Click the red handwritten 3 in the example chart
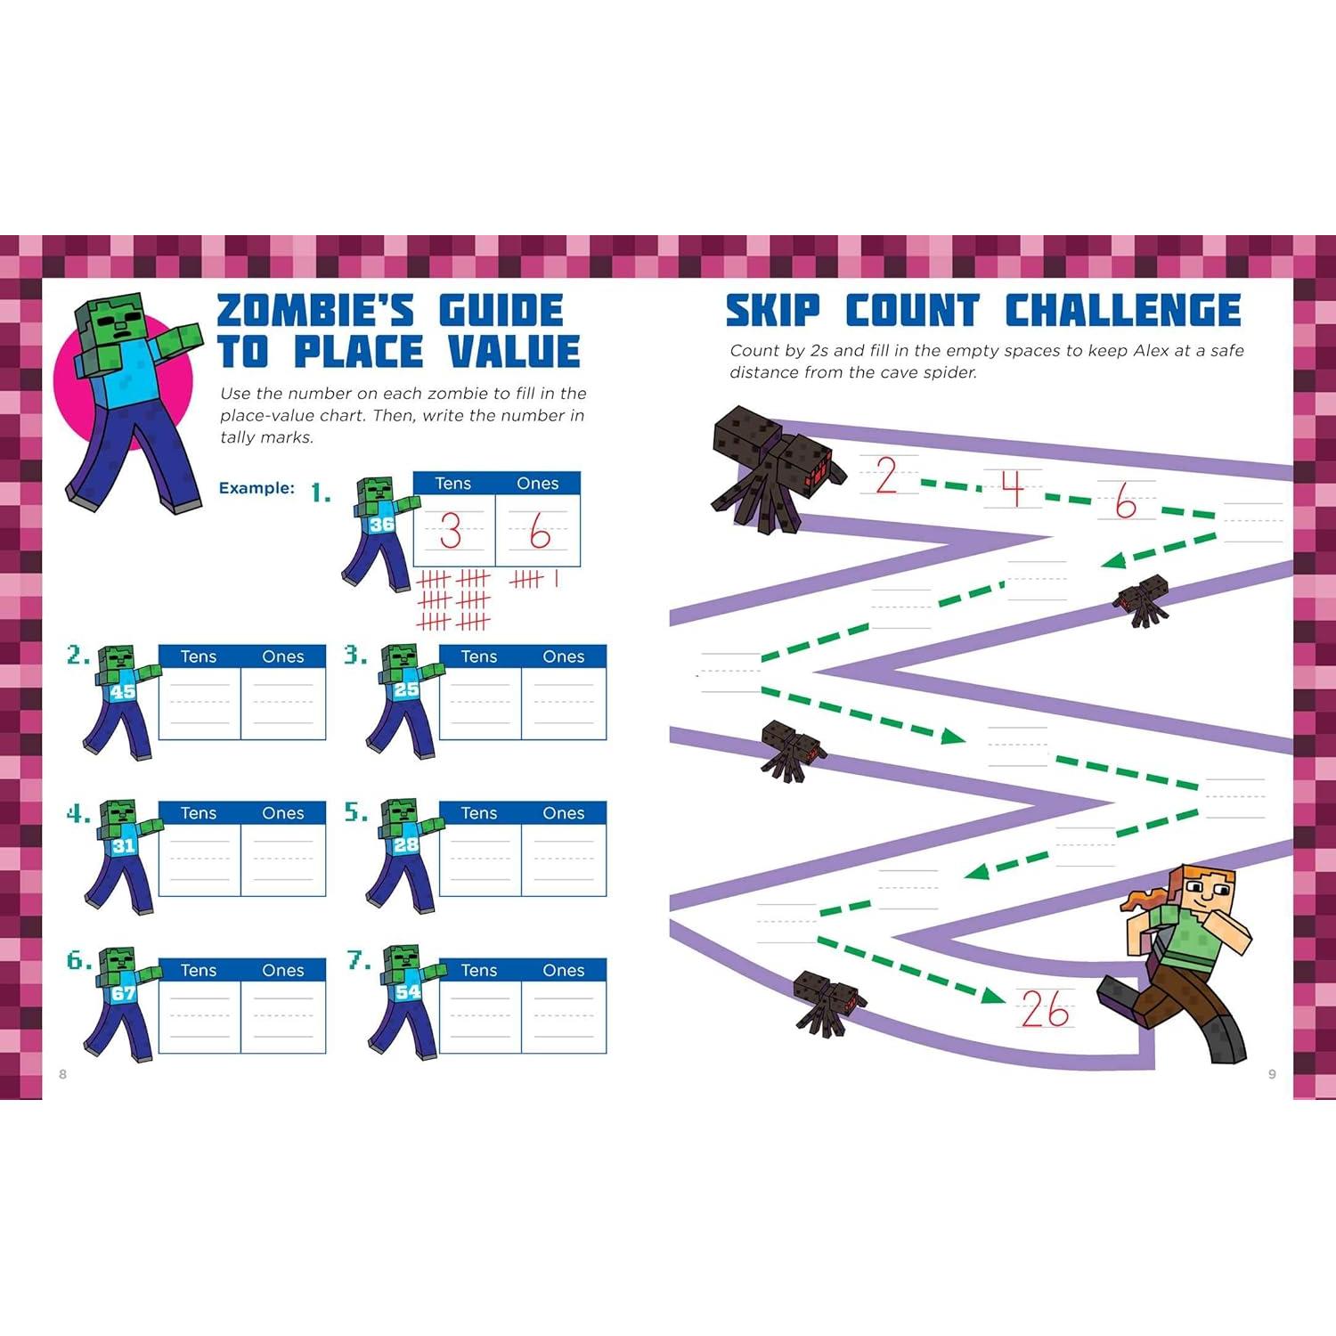pyautogui.click(x=451, y=532)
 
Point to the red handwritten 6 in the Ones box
pyautogui.click(x=539, y=532)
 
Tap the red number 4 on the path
pyautogui.click(x=1012, y=488)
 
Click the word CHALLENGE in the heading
pyautogui.click(x=1123, y=311)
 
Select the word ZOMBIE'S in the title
pyautogui.click(x=316, y=311)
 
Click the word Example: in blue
pyautogui.click(x=257, y=488)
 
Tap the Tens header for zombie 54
pyautogui.click(x=479, y=970)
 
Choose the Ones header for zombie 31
pyautogui.click(x=283, y=813)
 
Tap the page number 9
pyautogui.click(x=1272, y=1074)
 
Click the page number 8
pyautogui.click(x=62, y=1074)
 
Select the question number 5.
pyautogui.click(x=355, y=812)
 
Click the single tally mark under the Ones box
pyautogui.click(x=557, y=579)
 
